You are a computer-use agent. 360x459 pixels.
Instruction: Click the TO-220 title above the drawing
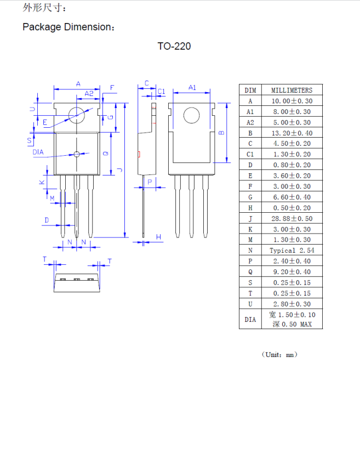(x=174, y=47)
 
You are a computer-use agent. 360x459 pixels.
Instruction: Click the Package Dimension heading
(x=68, y=27)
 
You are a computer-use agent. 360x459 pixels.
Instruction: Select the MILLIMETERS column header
(x=292, y=90)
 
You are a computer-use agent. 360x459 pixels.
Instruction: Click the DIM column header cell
(x=250, y=90)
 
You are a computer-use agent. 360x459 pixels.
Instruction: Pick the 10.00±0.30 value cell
(x=292, y=101)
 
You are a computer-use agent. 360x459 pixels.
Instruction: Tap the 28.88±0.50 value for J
(x=292, y=219)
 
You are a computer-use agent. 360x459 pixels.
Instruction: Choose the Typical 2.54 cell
(x=292, y=251)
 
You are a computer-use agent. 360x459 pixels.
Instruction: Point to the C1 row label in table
(x=250, y=154)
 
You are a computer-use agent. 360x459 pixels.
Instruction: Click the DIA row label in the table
(x=250, y=319)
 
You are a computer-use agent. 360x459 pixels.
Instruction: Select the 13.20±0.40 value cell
(x=292, y=133)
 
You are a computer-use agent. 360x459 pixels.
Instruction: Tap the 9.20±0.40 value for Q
(x=292, y=272)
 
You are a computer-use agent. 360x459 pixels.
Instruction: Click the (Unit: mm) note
(x=279, y=355)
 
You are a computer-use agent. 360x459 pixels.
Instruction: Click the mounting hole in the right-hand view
(x=191, y=116)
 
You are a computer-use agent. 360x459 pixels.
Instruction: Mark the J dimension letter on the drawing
(x=119, y=170)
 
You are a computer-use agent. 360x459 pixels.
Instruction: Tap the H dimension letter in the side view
(x=158, y=237)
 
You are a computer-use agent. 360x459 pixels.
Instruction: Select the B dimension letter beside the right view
(x=221, y=132)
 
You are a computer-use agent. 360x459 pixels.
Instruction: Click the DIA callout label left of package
(x=38, y=152)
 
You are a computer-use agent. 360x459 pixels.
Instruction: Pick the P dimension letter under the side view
(x=149, y=182)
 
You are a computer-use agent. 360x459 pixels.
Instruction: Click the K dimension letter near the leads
(x=42, y=182)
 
